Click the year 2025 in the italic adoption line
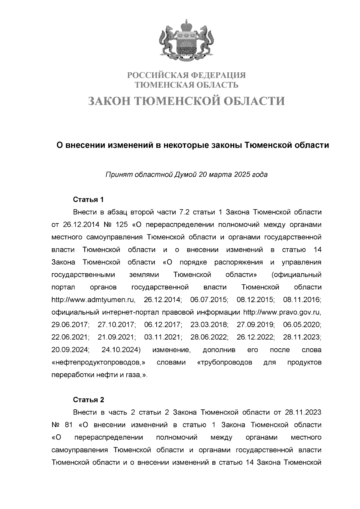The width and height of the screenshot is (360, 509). pos(242,174)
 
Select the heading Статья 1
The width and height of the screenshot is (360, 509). pos(88,200)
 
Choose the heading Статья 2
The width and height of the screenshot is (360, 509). pos(88,400)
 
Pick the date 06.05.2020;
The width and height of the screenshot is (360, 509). pos(302,325)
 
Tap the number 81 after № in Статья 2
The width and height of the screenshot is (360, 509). pos(69,425)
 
